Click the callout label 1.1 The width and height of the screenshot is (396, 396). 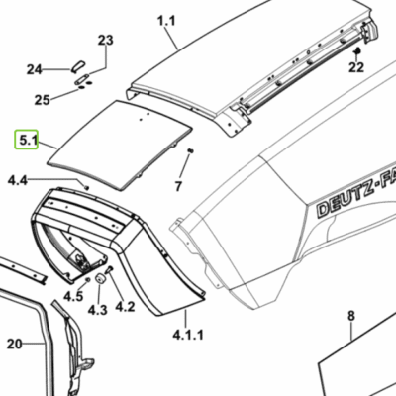(166, 21)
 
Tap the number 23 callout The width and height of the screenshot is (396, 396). (106, 40)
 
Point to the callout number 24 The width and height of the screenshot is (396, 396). (35, 69)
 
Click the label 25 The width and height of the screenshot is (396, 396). (43, 100)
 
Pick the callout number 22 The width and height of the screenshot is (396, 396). (356, 67)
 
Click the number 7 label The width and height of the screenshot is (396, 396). (178, 186)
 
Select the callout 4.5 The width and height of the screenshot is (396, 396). (73, 296)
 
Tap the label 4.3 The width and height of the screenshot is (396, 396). (98, 310)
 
